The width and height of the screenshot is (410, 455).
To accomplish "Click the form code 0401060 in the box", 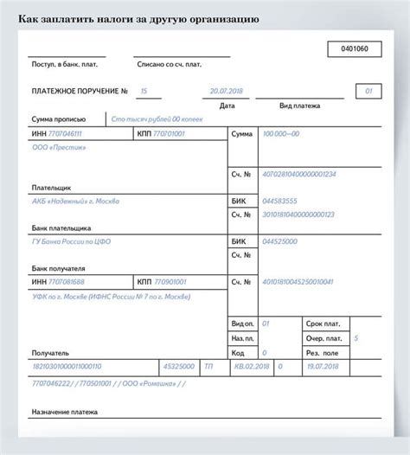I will [x=355, y=49].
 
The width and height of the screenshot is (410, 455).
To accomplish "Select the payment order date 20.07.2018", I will [x=227, y=91].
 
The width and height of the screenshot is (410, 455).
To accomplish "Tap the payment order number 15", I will [x=144, y=91].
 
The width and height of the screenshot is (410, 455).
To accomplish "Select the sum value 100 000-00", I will [x=280, y=135].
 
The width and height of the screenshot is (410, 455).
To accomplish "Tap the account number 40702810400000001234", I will [x=298, y=174].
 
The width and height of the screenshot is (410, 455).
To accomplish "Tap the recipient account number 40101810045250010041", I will [x=298, y=282].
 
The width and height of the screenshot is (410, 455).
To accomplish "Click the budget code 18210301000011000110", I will [x=67, y=366].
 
